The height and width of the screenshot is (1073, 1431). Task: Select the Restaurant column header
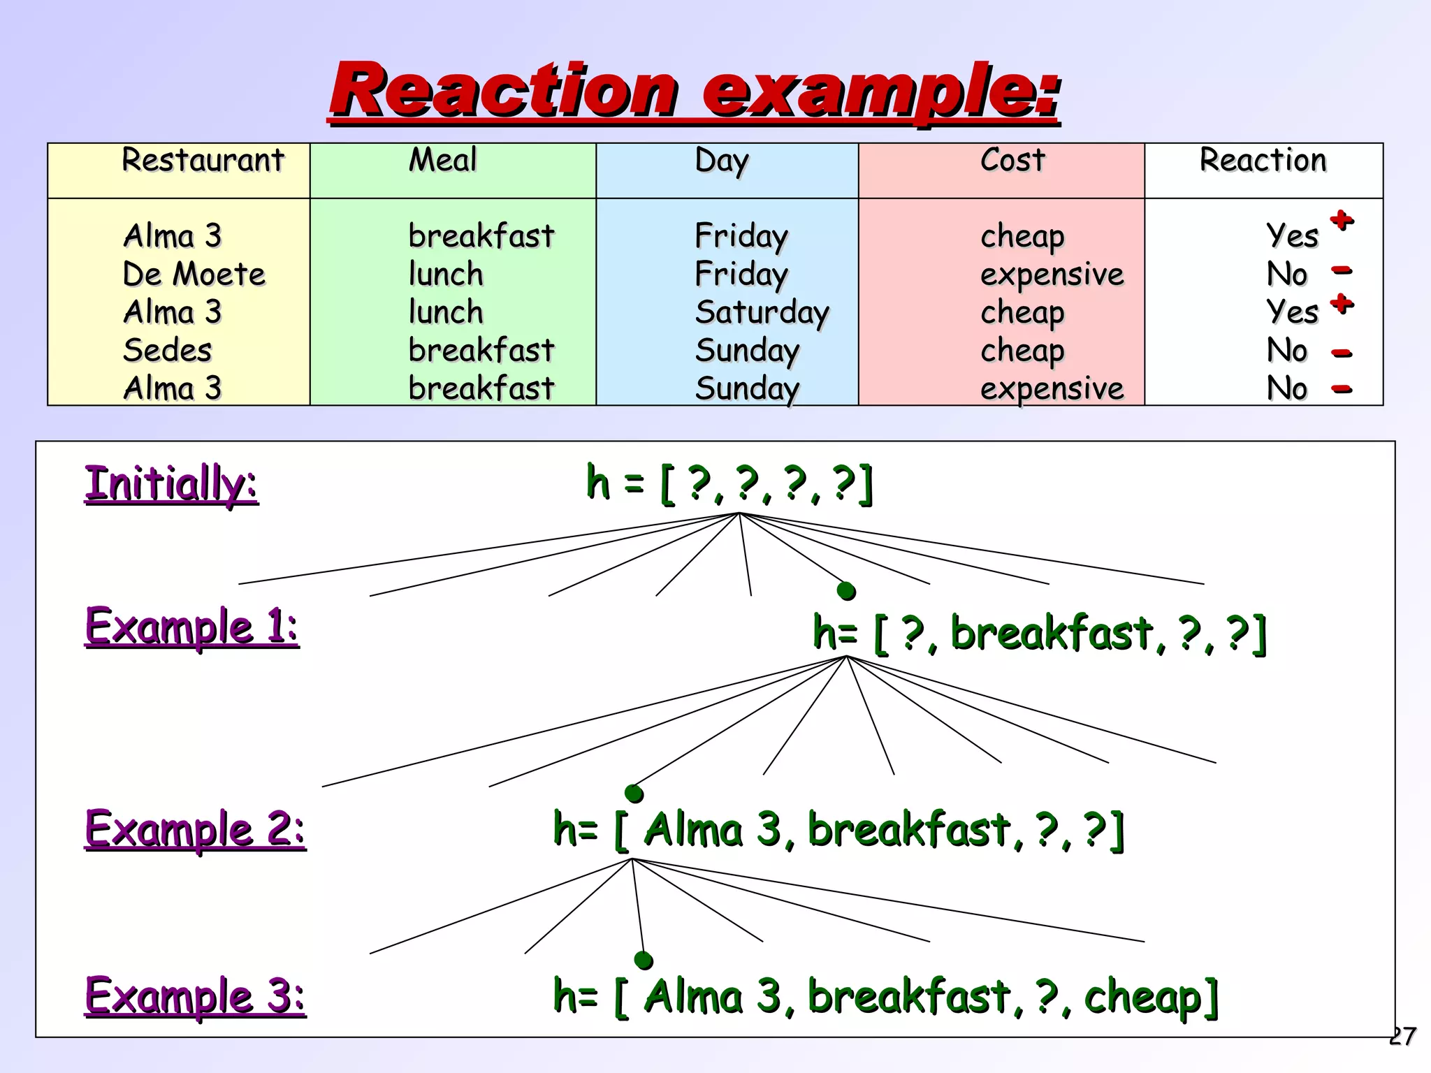203,161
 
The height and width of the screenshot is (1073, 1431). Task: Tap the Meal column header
442,161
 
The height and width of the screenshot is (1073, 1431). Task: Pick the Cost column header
1012,161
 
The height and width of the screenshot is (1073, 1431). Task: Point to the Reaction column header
1263,161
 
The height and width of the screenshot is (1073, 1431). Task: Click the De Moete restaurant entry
194,275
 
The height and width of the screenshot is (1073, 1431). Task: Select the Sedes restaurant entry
168,351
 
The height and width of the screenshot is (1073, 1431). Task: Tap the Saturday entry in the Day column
762,313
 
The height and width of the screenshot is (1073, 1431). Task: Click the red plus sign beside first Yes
1342,221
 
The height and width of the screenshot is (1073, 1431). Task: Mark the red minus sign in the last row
1342,389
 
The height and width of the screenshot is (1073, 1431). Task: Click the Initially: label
171,483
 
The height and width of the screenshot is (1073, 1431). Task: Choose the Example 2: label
195,829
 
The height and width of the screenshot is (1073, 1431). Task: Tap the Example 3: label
195,996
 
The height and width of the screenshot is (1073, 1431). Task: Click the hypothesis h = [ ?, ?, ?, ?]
729,483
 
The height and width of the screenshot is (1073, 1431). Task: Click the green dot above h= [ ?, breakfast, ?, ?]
846,592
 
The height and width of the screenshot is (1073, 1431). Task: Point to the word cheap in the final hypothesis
1142,998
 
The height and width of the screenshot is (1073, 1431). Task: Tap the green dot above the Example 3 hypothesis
644,961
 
